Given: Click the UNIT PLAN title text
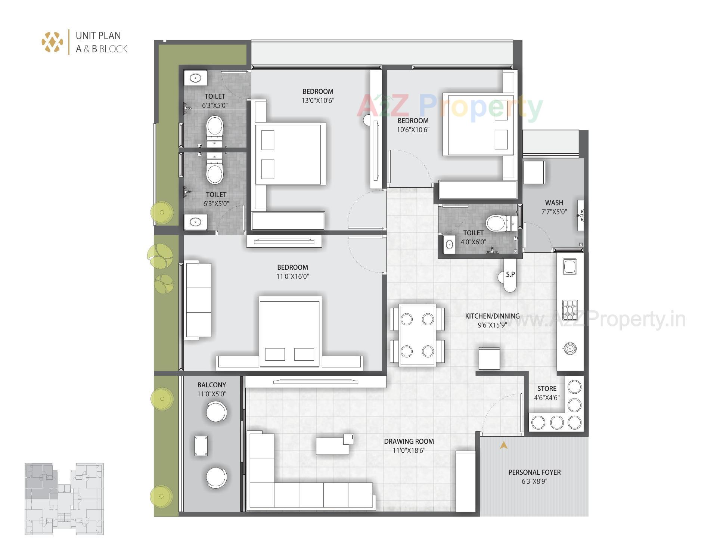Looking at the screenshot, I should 98,36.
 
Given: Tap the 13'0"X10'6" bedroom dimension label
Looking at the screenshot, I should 318,100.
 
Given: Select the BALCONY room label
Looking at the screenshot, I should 211,385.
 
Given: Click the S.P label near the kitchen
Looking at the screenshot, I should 510,275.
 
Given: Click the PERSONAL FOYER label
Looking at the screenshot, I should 534,472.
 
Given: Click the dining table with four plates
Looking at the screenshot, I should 417,335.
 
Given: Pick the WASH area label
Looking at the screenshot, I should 554,203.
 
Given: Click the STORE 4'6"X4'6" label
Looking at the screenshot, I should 547,393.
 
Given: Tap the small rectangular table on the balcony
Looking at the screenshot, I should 201,445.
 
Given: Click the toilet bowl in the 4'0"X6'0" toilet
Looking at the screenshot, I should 497,223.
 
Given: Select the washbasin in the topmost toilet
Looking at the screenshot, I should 195,78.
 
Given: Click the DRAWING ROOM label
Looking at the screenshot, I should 409,441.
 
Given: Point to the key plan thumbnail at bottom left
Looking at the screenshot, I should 64,499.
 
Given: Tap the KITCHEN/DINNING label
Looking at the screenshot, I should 492,316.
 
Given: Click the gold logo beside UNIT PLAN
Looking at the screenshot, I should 52,42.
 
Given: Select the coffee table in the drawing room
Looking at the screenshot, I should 332,446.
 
